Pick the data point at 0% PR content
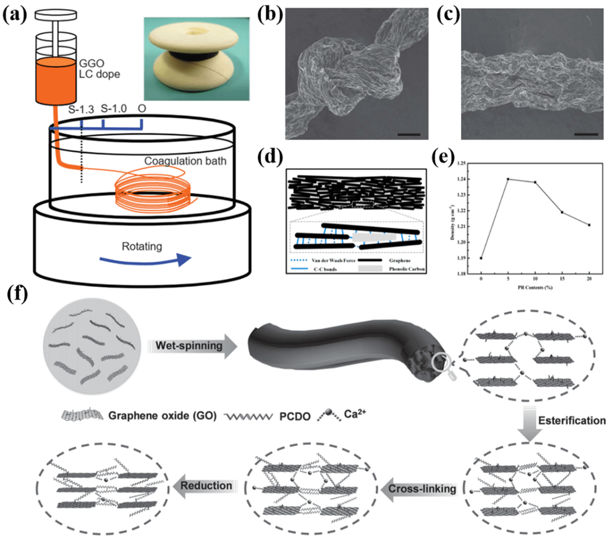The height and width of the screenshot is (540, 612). tap(481, 258)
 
